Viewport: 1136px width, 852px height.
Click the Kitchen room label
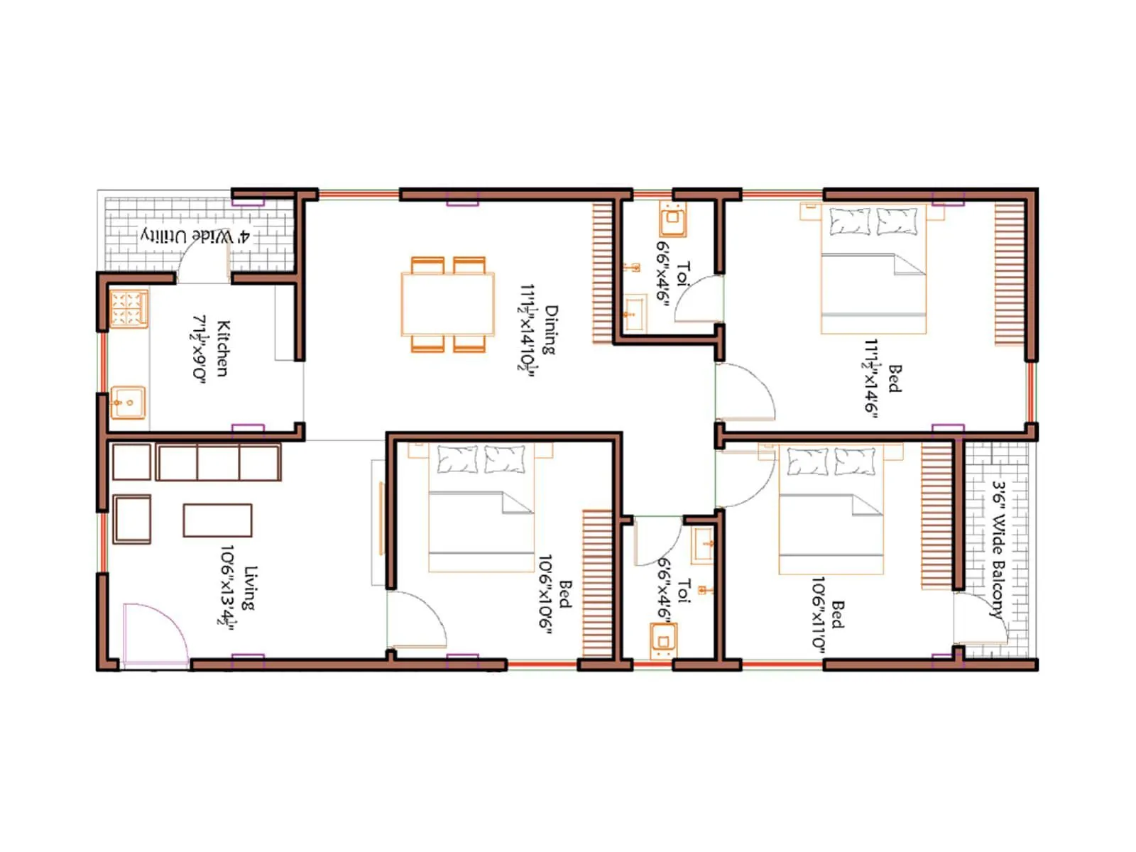222,348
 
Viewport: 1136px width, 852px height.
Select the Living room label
249,588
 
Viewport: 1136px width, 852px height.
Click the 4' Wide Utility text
195,236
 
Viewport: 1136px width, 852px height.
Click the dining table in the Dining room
447,305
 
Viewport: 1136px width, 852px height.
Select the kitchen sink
129,403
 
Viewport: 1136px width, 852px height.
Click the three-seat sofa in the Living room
218,462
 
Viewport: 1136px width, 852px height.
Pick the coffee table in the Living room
217,520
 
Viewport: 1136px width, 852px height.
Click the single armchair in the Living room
131,519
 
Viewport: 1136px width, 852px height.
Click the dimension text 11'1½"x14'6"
872,376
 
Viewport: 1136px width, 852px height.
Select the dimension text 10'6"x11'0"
819,612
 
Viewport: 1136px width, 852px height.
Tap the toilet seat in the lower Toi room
663,641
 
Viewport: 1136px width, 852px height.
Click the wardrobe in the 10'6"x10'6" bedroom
597,584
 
